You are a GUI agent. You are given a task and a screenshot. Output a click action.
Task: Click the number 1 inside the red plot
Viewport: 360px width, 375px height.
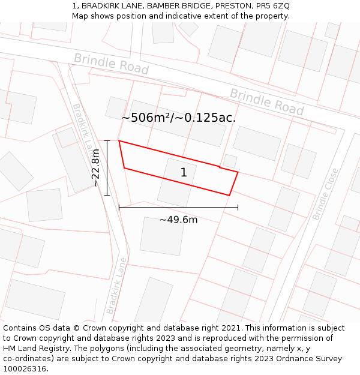click(184, 173)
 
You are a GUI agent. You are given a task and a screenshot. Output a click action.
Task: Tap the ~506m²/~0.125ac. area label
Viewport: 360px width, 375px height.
click(178, 118)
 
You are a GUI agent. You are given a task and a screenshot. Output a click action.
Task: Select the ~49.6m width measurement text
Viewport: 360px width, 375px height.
click(178, 220)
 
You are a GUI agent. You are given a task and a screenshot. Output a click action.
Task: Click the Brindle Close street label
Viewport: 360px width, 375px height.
click(325, 194)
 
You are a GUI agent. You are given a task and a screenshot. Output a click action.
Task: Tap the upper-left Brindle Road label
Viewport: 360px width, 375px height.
click(111, 64)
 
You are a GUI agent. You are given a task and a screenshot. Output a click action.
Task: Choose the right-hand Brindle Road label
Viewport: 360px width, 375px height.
click(267, 102)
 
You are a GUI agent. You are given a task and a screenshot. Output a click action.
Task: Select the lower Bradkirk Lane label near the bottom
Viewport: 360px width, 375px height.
click(117, 286)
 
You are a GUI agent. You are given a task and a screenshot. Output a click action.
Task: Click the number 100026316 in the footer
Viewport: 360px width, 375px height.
click(25, 369)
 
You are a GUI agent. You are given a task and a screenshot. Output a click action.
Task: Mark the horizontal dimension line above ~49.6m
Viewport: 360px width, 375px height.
click(178, 208)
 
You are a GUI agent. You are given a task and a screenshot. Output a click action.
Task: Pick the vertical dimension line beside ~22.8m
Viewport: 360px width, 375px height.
click(107, 168)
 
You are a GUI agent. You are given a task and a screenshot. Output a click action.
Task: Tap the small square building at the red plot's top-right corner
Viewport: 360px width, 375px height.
click(230, 161)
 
